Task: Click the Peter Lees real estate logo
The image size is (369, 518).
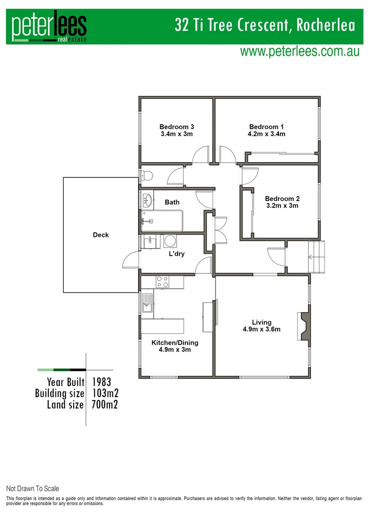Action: coord(49,28)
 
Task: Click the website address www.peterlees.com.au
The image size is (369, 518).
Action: coord(300,52)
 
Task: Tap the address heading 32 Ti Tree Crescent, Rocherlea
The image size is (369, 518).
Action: coord(265,25)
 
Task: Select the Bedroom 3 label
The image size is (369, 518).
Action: coord(176,127)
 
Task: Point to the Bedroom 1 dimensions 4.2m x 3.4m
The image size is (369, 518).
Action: coord(266,134)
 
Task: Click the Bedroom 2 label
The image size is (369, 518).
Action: coord(282,199)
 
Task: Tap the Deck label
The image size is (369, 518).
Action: coord(101,235)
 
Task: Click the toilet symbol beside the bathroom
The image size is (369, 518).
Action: coord(146,177)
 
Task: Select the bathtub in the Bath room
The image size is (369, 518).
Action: coord(162,221)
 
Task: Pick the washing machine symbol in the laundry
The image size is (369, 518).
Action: coord(170,241)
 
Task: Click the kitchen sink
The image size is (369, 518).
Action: coord(147,304)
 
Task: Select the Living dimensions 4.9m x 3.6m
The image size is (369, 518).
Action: coord(261,330)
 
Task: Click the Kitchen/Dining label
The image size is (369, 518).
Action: coord(175,343)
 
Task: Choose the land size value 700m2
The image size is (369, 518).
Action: coord(104,405)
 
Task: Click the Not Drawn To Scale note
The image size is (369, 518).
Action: coord(33,489)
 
